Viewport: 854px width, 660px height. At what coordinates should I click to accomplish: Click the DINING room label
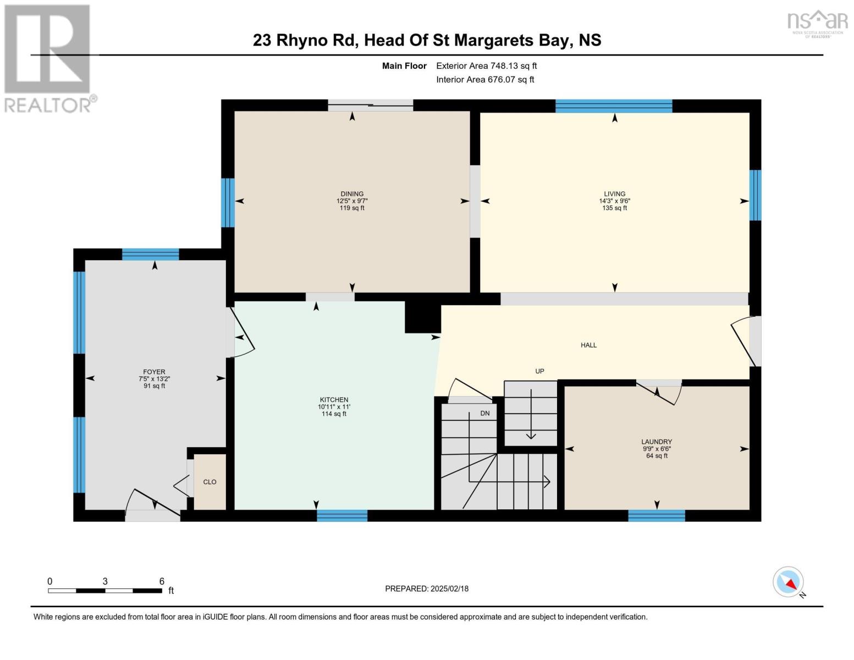pos(352,194)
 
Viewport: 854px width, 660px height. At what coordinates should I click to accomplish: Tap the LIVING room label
pos(614,194)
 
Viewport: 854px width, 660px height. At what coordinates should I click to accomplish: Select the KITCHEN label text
pos(334,400)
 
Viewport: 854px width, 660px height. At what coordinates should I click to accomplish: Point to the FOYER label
pos(154,372)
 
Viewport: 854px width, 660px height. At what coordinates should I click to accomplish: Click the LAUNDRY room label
pos(657,442)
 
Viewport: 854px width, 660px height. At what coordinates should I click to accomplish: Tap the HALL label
pos(588,345)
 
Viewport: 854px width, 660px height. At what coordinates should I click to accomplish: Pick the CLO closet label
pos(210,482)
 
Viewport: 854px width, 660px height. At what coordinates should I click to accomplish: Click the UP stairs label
pos(539,371)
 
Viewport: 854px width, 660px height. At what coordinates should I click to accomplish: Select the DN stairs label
pos(485,414)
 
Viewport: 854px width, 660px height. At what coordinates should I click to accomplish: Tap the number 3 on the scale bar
pos(105,581)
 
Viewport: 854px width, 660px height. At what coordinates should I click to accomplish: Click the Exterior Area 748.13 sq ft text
pos(486,66)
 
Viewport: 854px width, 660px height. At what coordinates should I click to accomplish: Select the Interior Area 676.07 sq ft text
pos(485,79)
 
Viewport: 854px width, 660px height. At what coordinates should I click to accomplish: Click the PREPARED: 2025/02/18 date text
pos(426,588)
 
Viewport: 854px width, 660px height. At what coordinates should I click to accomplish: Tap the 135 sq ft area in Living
pos(614,208)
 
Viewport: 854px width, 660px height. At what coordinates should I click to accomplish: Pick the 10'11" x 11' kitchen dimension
pos(334,407)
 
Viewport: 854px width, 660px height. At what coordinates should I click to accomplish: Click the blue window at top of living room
pos(614,106)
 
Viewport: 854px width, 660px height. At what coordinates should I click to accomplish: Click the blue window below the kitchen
pos(342,515)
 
